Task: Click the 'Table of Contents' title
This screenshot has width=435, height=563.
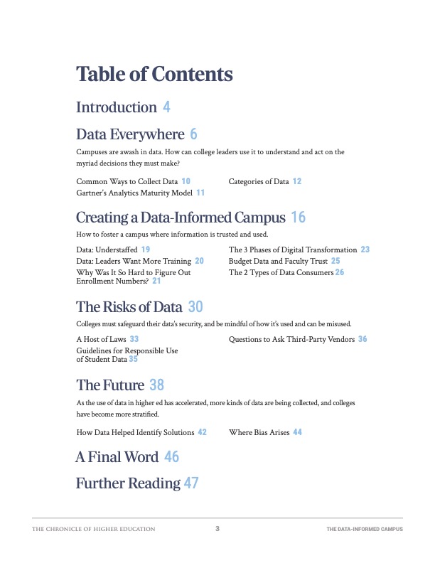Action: tap(154, 74)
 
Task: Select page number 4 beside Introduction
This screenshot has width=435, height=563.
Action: tap(166, 107)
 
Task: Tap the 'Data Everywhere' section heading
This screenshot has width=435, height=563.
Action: tap(130, 134)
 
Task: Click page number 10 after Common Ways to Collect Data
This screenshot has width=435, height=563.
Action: tap(186, 181)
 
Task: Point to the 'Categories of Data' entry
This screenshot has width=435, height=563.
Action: tap(259, 181)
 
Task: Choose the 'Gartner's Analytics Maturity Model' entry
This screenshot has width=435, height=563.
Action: tap(135, 193)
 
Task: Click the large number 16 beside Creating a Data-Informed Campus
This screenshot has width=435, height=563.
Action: tap(299, 218)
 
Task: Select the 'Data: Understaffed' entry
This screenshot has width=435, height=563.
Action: tap(107, 250)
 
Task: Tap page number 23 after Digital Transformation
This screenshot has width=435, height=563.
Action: tap(365, 250)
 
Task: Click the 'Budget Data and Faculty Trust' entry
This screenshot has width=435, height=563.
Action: tap(279, 261)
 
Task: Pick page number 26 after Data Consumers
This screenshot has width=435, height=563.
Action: tap(340, 272)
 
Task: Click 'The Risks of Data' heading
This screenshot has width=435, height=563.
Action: tap(129, 307)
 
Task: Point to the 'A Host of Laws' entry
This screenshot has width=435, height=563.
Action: tap(102, 339)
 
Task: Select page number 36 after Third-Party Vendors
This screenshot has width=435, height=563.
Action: tap(362, 339)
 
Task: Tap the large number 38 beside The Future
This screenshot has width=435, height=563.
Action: tap(157, 385)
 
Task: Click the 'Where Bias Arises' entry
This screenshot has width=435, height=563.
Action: tap(259, 431)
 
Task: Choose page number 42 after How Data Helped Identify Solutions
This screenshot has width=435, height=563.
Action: tap(203, 431)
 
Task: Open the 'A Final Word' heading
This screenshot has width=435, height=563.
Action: tap(117, 457)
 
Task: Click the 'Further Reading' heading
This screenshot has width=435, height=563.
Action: tap(128, 483)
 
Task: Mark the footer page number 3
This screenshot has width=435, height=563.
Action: tap(217, 529)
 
